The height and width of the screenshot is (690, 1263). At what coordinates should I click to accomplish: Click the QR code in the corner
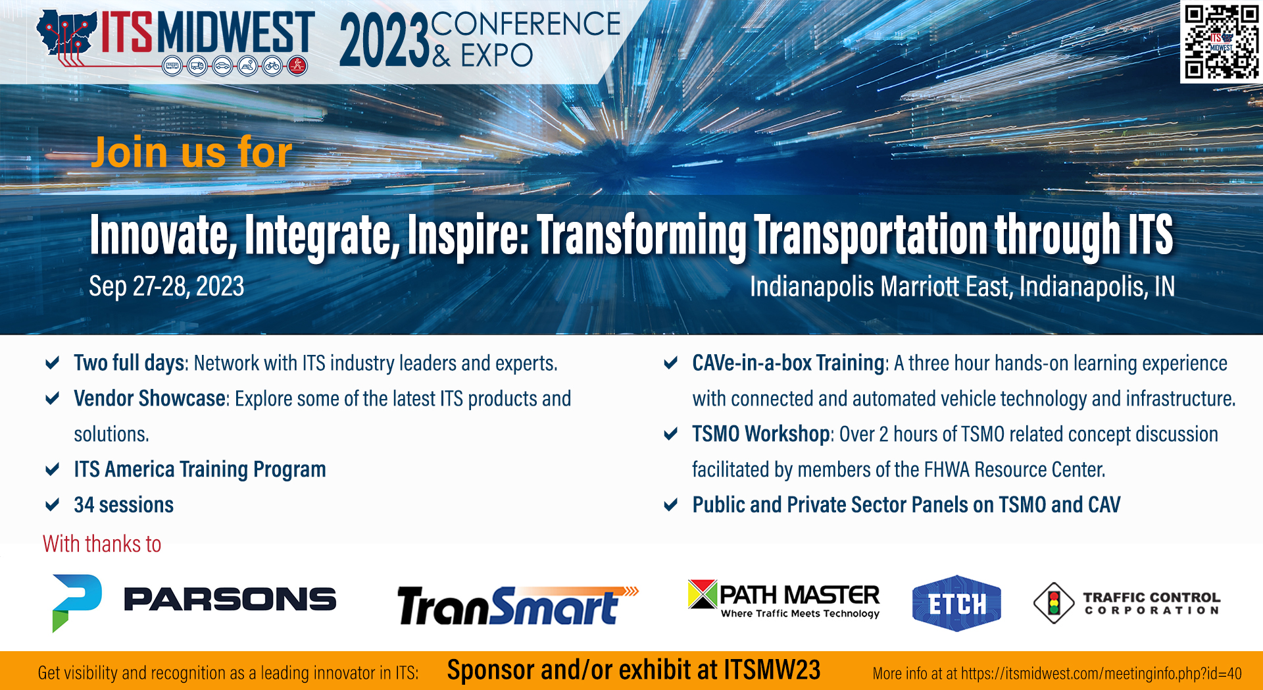[x=1222, y=42]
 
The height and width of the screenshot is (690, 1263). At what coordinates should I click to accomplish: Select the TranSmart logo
[x=518, y=605]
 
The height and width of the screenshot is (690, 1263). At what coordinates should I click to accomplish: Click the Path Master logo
[x=783, y=599]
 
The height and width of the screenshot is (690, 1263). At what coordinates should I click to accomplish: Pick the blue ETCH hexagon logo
[x=956, y=603]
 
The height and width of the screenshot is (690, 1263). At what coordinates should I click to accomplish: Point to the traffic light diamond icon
[x=1054, y=602]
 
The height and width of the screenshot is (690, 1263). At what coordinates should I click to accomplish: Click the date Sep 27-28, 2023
[x=166, y=286]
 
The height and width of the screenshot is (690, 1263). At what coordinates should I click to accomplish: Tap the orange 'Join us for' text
[x=191, y=152]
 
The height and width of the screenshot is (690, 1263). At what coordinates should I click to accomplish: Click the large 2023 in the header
[x=384, y=41]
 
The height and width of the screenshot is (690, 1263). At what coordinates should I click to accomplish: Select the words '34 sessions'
[x=124, y=505]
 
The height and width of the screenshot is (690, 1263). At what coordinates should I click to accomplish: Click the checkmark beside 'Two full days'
[x=53, y=363]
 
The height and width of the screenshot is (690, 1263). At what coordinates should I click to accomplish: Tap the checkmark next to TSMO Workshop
[x=671, y=434]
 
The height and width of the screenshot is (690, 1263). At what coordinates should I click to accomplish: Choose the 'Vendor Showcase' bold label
[x=150, y=398]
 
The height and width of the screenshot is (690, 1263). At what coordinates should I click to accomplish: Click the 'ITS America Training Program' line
[x=200, y=469]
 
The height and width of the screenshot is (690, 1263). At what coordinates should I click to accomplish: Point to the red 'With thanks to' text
[x=102, y=544]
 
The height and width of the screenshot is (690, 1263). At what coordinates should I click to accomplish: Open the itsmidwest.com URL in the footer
[x=1101, y=674]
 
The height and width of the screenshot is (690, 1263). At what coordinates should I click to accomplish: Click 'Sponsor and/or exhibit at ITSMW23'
[x=633, y=670]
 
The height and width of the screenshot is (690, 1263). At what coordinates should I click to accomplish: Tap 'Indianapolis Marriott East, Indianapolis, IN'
[x=962, y=286]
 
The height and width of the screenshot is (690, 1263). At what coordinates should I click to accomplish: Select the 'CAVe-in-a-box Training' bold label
[x=788, y=363]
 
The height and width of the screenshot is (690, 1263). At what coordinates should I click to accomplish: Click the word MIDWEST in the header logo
[x=235, y=32]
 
